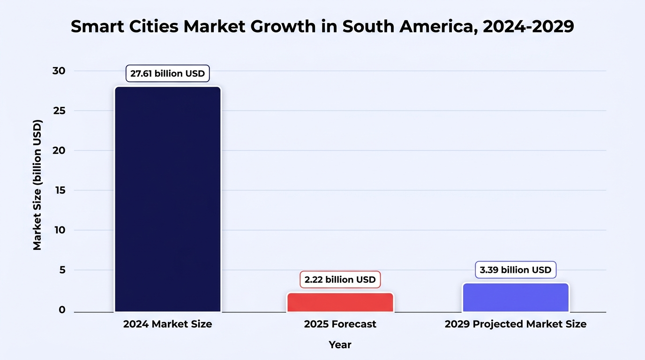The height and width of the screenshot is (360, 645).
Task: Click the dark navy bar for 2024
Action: [x=168, y=199]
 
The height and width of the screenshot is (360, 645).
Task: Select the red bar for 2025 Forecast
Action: [x=340, y=302]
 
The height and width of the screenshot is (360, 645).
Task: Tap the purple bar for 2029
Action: [x=516, y=298]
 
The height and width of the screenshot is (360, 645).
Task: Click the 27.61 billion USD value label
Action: [x=168, y=74]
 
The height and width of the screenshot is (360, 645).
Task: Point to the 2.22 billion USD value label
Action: [x=340, y=279]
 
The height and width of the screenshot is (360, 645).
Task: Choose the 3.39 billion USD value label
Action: [x=516, y=270]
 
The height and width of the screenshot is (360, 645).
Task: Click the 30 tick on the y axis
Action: [x=59, y=71]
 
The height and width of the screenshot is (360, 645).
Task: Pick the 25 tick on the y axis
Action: [x=60, y=111]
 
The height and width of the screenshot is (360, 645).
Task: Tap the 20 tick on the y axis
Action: [x=59, y=150]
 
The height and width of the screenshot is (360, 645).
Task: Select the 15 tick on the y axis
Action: [x=60, y=190]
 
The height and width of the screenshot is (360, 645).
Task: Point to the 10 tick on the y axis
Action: [x=60, y=230]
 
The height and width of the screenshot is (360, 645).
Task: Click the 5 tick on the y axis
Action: [x=62, y=270]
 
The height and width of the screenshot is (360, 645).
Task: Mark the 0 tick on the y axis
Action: [x=62, y=310]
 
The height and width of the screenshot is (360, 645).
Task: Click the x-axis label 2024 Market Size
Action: [x=168, y=324]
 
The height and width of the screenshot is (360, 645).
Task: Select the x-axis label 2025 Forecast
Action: [x=340, y=324]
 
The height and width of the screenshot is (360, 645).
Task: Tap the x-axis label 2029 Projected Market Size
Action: [x=516, y=324]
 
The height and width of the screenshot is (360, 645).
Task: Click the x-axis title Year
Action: [x=340, y=345]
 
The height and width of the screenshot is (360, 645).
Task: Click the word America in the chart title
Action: [x=439, y=27]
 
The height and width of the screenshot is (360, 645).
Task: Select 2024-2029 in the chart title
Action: [x=528, y=26]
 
